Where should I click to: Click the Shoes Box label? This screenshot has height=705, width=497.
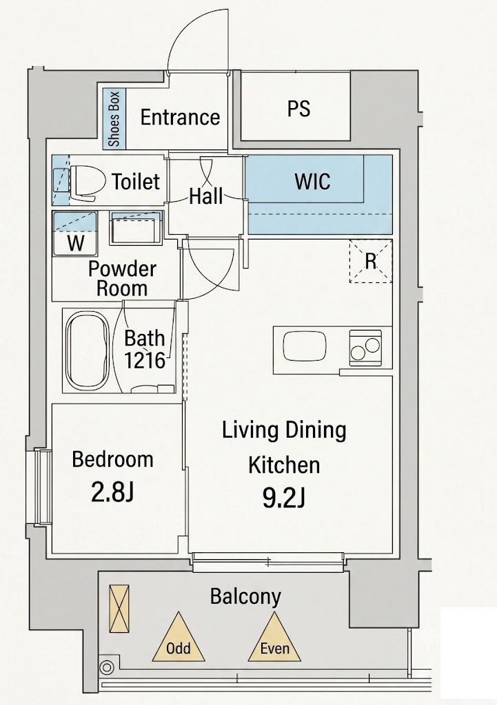pos(114,118)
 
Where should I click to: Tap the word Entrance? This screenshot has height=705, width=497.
pos(180,117)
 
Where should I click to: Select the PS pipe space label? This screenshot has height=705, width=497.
pos(299,108)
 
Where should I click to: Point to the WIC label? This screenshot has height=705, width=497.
pos(312,181)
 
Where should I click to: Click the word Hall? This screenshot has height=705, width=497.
pos(205,196)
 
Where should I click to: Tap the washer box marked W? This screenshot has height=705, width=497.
pos(75,234)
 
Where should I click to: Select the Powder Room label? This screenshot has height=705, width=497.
pos(122,278)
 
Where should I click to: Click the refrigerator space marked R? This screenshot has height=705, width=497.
pos(370,261)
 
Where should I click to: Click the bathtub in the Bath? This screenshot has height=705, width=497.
pos(88,350)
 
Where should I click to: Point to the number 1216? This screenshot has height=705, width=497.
pos(145,360)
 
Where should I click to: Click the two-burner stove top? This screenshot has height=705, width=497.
pos(365,348)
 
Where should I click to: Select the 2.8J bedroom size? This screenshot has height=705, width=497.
pos(112,493)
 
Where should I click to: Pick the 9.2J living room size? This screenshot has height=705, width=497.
pos(284,498)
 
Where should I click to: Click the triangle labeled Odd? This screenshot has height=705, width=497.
pos(179,636)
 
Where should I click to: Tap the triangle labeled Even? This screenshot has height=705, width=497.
pos(274,636)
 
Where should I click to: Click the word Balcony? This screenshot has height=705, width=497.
pos(245,598)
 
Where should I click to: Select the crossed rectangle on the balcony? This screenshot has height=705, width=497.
pos(119,609)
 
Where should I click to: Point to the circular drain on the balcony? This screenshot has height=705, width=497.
pos(107,668)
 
